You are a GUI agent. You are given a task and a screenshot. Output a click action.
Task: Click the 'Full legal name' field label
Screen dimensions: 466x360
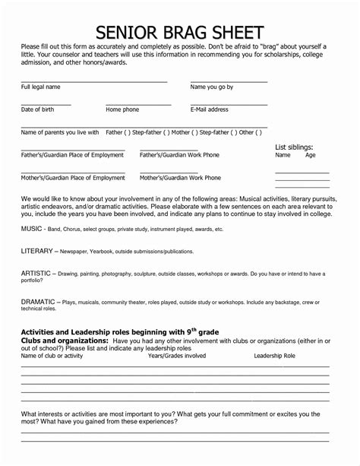coord(40,87)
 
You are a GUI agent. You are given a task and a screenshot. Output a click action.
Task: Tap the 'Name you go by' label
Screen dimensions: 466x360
coord(211,87)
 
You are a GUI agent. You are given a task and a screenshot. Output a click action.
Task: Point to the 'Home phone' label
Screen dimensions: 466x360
coord(122,110)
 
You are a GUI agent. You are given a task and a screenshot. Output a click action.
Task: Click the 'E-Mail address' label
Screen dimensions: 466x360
coord(209,110)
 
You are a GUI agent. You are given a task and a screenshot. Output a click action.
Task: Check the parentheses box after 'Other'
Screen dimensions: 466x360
coord(259,132)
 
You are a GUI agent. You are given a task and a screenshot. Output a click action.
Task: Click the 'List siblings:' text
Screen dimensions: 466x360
coord(294,147)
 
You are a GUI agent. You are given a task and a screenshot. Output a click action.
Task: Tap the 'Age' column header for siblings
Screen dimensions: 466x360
coord(310,155)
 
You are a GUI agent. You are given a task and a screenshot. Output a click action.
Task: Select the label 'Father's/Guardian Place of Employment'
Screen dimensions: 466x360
coord(72,155)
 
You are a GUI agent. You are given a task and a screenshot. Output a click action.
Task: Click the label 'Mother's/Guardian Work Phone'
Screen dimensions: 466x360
coord(180,178)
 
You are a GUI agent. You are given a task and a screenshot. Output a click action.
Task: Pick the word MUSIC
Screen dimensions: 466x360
coord(31,229)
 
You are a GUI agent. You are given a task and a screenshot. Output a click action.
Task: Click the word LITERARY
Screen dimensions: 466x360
coord(36,251)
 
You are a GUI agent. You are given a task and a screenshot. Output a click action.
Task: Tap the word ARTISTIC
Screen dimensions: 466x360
coord(36,273)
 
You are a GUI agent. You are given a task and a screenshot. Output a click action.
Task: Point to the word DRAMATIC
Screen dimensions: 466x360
coord(37,302)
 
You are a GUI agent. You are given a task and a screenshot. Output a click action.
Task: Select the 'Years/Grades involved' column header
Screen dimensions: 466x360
coord(176,356)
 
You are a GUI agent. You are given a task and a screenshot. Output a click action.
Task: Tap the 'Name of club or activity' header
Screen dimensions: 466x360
coord(52,356)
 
